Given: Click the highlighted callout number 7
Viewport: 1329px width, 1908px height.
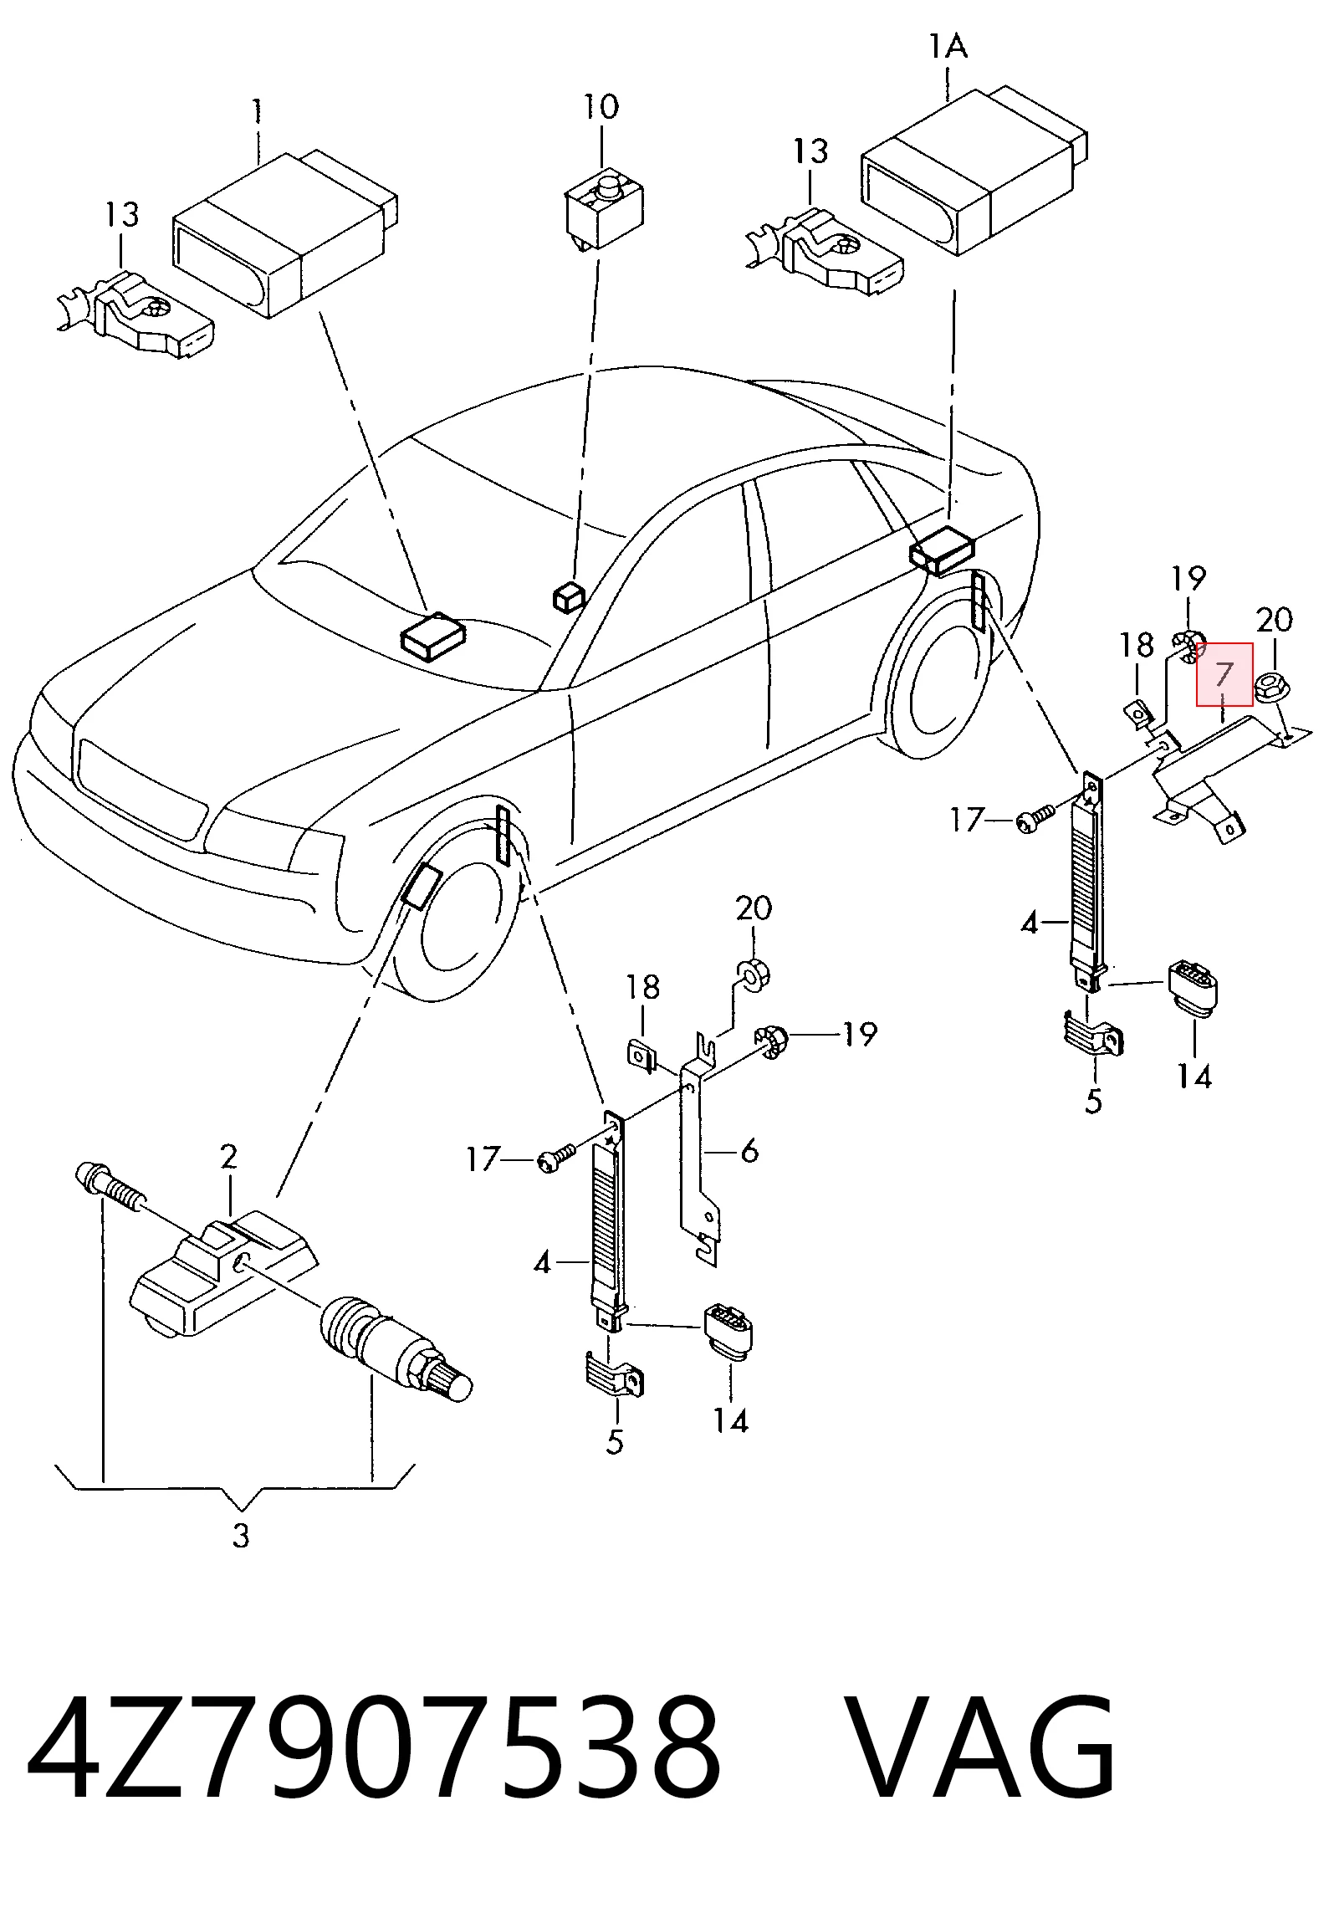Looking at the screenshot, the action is (x=1224, y=674).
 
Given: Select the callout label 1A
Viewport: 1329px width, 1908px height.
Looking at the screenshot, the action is (x=948, y=46).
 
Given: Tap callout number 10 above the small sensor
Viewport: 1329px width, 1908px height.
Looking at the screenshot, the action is (x=601, y=107).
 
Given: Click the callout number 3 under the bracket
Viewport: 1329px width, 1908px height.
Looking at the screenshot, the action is (x=241, y=1537).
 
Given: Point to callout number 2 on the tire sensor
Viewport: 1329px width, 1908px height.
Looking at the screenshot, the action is (x=228, y=1157).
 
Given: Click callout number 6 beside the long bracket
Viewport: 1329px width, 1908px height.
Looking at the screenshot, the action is (x=749, y=1151).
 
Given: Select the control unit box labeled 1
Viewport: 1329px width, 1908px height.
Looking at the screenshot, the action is (x=284, y=234).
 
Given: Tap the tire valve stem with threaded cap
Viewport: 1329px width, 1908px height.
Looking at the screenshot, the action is (x=396, y=1353).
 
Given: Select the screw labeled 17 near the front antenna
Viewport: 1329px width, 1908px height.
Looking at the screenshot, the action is (x=555, y=1159).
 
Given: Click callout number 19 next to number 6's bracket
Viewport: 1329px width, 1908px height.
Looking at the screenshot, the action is (x=859, y=1035).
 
